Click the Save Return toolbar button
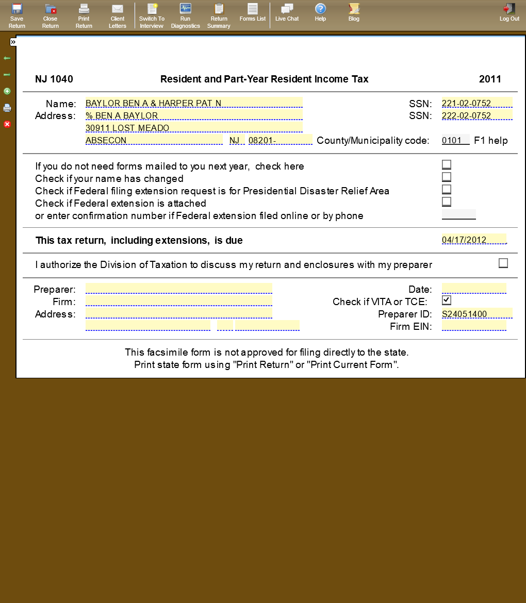click(17, 15)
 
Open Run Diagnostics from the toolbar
click(185, 15)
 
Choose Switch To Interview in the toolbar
click(152, 15)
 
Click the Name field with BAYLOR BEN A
click(193, 103)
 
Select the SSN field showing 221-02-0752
click(476, 103)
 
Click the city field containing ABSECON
click(154, 140)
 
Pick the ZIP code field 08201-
click(280, 140)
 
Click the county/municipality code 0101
click(455, 140)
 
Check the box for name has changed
click(447, 177)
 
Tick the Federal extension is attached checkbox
click(447, 202)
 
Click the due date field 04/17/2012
click(473, 240)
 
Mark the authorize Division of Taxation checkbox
click(503, 263)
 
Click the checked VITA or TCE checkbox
click(447, 300)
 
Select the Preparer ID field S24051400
click(476, 313)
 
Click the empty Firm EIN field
click(473, 326)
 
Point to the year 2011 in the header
click(490, 79)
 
